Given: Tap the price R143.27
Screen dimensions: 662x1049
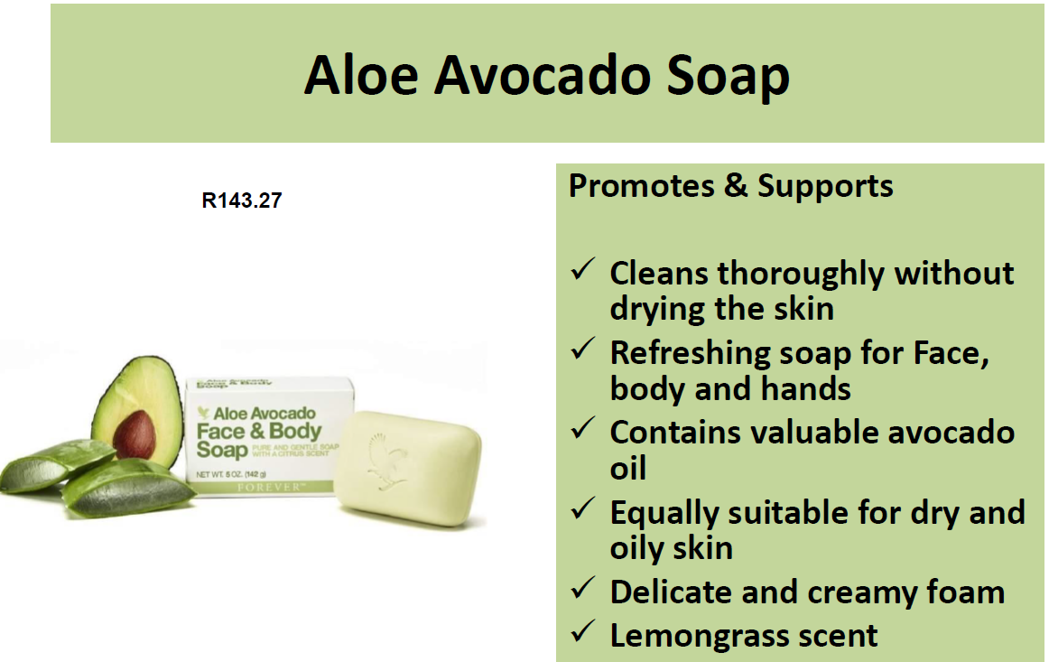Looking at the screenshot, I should (241, 200).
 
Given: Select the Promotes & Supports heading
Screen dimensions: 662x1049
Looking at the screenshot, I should (730, 186).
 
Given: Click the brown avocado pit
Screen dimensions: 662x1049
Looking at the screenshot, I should (135, 434).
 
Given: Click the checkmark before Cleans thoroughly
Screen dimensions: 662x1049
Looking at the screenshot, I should (582, 270).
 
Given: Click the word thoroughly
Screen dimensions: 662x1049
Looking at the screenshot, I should (807, 273).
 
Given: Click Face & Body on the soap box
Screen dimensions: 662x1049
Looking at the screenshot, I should (259, 431).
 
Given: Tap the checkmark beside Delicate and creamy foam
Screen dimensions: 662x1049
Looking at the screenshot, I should (582, 590).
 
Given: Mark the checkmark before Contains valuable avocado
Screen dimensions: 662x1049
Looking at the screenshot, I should (582, 430).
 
